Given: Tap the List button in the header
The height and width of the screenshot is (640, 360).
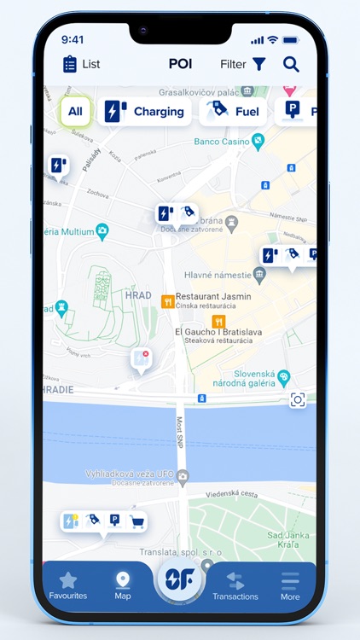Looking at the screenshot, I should pos(81,64).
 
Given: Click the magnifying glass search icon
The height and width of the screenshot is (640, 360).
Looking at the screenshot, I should pos(291,64).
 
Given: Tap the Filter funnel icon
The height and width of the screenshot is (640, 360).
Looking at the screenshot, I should pos(258,64).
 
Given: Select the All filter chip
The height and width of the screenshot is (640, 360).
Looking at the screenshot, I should pos(75,111).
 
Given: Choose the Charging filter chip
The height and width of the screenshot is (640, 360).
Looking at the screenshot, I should pos(144,111).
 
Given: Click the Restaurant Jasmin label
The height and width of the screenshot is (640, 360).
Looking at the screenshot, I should pos(213,296).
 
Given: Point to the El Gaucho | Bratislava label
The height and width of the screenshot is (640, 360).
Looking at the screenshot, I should pos(218,331).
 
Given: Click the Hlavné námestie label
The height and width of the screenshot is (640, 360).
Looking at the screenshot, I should pos(218,275).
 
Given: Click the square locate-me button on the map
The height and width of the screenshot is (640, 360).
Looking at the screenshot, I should pos(297,400).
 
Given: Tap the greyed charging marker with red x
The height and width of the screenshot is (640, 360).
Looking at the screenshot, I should pos(141,359).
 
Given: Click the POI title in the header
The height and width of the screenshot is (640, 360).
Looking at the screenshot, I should pos(180,64).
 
